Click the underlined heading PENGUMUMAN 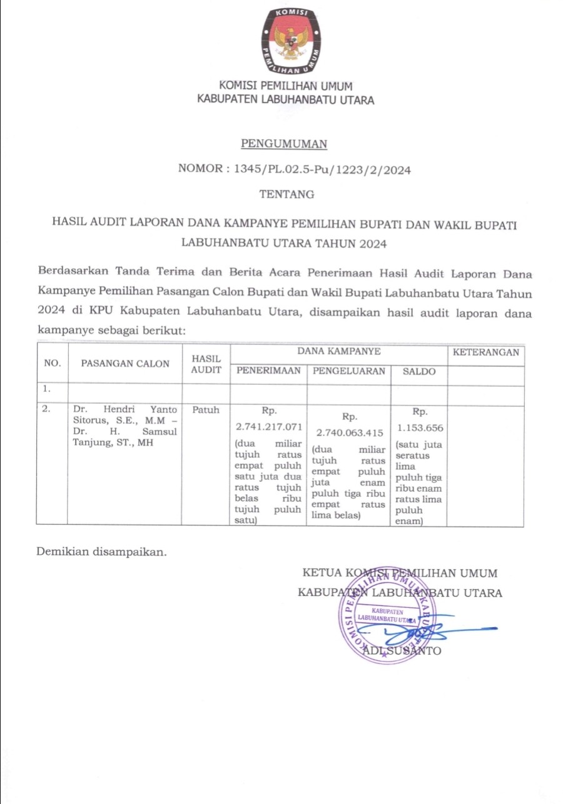[285, 144]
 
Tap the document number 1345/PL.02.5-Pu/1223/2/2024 [322, 169]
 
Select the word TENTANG [287, 194]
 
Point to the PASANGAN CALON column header [125, 363]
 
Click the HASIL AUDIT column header [206, 364]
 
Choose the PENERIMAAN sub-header [268, 371]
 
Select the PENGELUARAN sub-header [349, 371]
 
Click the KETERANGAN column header [485, 352]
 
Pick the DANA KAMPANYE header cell [339, 352]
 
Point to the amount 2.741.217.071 [269, 427]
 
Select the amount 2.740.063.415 [349, 432]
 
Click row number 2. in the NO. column [46, 410]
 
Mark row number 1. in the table [46, 389]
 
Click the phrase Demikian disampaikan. [102, 552]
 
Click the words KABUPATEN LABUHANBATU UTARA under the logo [286, 99]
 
